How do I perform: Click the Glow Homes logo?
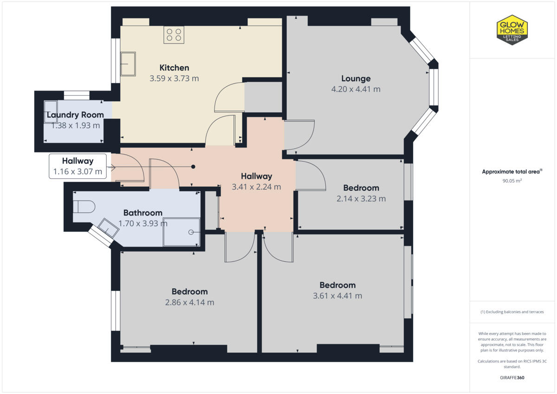pyautogui.click(x=512, y=30)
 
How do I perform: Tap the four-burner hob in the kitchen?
pyautogui.click(x=174, y=35)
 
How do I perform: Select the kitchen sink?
pyautogui.click(x=128, y=64)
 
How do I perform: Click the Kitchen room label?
pyautogui.click(x=174, y=68)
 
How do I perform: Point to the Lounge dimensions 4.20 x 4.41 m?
pyautogui.click(x=356, y=89)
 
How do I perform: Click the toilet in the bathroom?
pyautogui.click(x=84, y=206)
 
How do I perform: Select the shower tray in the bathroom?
pyautogui.click(x=181, y=232)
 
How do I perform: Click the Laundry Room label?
pyautogui.click(x=75, y=115)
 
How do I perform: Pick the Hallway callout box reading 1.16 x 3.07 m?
pyautogui.click(x=78, y=167)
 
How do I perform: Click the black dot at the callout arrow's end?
pyautogui.click(x=194, y=167)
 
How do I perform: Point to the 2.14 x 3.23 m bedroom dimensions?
pyautogui.click(x=361, y=199)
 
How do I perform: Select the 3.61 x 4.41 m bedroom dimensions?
pyautogui.click(x=337, y=296)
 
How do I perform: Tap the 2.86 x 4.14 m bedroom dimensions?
pyautogui.click(x=189, y=302)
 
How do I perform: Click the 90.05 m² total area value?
pyautogui.click(x=512, y=181)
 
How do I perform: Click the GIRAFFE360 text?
pyautogui.click(x=512, y=377)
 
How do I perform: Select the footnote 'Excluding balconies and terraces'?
pyautogui.click(x=512, y=312)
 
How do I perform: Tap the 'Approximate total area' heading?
pyautogui.click(x=512, y=172)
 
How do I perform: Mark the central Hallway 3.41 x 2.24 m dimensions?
pyautogui.click(x=256, y=187)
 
